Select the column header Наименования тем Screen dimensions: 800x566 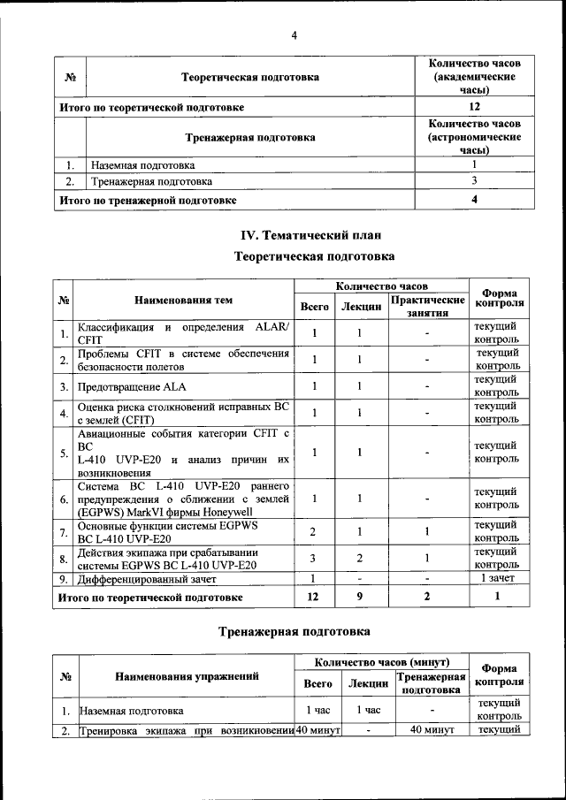point(184,301)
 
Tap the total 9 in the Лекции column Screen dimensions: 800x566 point(361,597)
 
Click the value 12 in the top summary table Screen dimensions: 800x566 point(474,107)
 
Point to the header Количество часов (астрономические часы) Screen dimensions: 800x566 point(474,137)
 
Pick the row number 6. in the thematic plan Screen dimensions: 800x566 point(64,499)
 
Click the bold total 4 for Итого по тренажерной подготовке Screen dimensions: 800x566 point(474,200)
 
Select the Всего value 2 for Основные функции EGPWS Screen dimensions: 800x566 point(314,531)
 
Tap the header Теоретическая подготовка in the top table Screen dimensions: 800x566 point(250,78)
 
